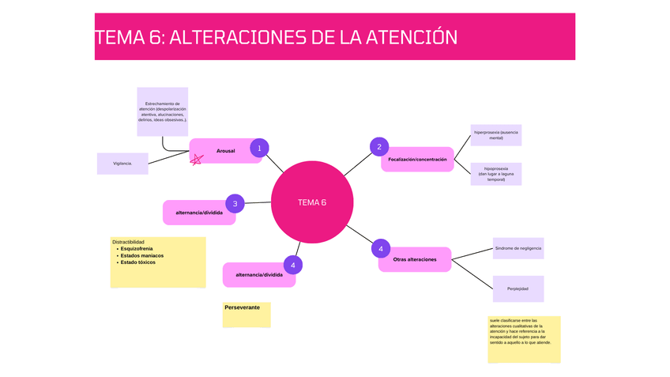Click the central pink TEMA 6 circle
[x=311, y=202]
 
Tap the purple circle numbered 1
[x=259, y=148]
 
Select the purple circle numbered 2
[x=379, y=146]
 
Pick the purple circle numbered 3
[x=235, y=203]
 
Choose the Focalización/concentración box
[x=417, y=160]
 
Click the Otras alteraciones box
[x=415, y=259]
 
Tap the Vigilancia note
[x=122, y=164]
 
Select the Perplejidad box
[x=518, y=288]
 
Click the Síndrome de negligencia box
[x=518, y=248]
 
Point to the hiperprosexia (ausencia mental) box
[x=496, y=134]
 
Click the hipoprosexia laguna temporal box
[x=496, y=174]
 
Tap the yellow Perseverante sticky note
[x=247, y=314]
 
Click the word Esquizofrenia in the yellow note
[x=137, y=249]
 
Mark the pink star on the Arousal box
[x=197, y=159]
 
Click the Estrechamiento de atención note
[x=163, y=111]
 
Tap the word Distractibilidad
[x=128, y=242]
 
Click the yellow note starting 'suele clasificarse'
[x=524, y=339]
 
